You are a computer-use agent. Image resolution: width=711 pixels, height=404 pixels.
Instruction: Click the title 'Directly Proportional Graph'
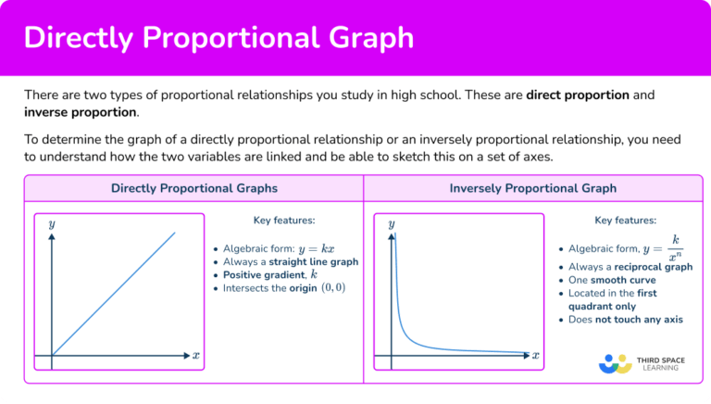218,38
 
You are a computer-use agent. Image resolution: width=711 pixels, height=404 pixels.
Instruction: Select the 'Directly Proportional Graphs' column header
193,188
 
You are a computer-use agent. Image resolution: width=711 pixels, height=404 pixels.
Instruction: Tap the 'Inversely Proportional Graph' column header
532,188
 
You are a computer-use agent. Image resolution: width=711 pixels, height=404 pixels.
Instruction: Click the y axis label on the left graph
52,224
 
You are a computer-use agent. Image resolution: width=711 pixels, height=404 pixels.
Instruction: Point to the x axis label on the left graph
195,355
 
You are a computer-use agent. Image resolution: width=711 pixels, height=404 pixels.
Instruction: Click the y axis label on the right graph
392,224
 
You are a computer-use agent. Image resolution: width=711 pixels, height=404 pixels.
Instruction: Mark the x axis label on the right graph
535,355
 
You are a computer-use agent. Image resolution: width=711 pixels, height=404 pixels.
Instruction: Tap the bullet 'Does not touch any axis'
625,319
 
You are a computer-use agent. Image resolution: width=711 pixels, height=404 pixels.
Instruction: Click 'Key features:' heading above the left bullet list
284,221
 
